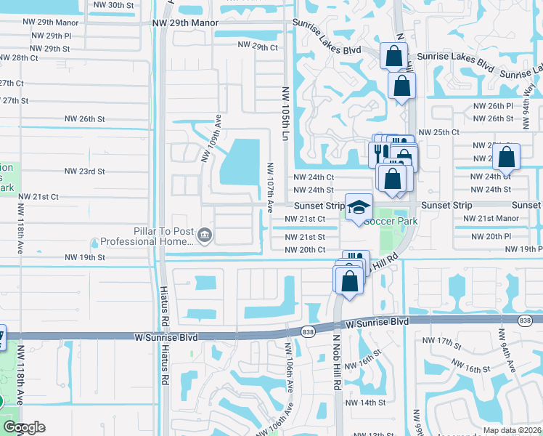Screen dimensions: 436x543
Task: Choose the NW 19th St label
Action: point(85,257)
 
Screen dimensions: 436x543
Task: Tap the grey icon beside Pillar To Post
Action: point(205,235)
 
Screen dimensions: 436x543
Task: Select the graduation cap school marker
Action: point(358,208)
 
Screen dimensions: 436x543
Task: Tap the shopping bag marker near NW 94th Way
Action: point(507,156)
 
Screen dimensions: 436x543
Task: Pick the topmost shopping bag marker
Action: point(393,55)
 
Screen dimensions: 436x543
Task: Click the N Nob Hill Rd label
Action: point(338,363)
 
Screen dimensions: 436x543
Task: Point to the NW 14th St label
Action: point(365,403)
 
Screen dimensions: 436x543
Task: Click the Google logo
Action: point(24,427)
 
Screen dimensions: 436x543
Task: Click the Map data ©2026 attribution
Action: point(513,430)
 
